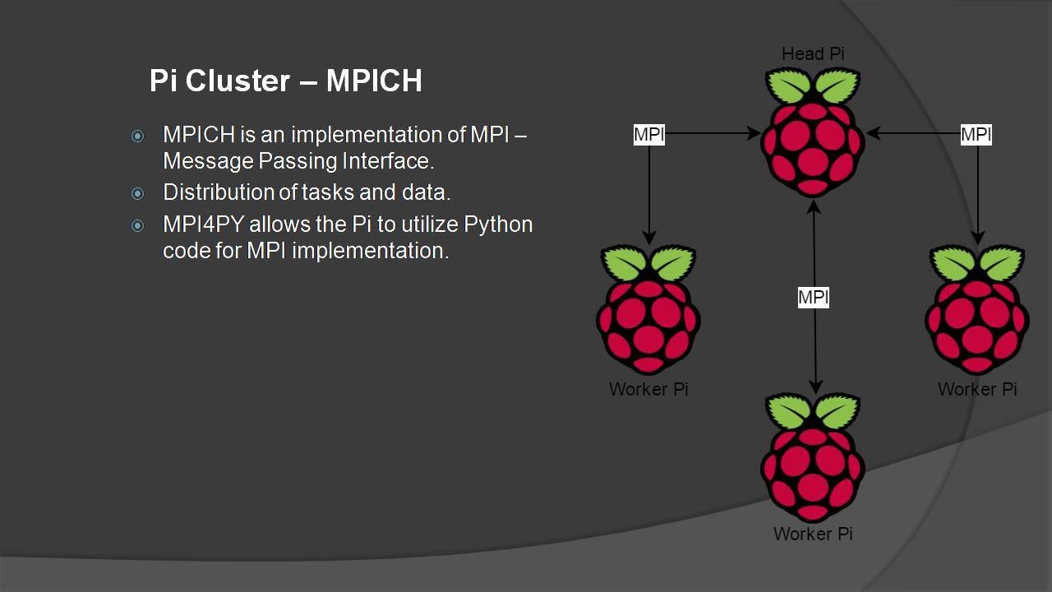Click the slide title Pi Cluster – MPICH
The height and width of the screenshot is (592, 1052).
point(285,81)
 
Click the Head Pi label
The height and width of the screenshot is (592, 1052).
point(813,54)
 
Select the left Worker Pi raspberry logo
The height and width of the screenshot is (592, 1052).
point(648,310)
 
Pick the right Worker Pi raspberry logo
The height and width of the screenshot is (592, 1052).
point(977,310)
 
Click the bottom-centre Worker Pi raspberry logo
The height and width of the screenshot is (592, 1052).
point(813,458)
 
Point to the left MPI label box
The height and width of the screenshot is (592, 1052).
point(648,134)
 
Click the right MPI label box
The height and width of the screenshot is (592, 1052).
point(976,134)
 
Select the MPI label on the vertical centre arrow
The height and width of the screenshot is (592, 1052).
point(814,297)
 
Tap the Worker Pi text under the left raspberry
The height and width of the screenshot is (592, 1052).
point(648,389)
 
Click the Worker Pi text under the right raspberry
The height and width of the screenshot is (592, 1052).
point(977,389)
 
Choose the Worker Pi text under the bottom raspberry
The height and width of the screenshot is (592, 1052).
point(813,534)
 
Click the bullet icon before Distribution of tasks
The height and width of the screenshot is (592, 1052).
point(137,193)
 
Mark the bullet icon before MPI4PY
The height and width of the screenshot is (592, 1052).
point(137,225)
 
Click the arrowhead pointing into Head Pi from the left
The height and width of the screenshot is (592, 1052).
point(754,133)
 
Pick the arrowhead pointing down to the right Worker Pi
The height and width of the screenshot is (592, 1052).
point(978,238)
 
